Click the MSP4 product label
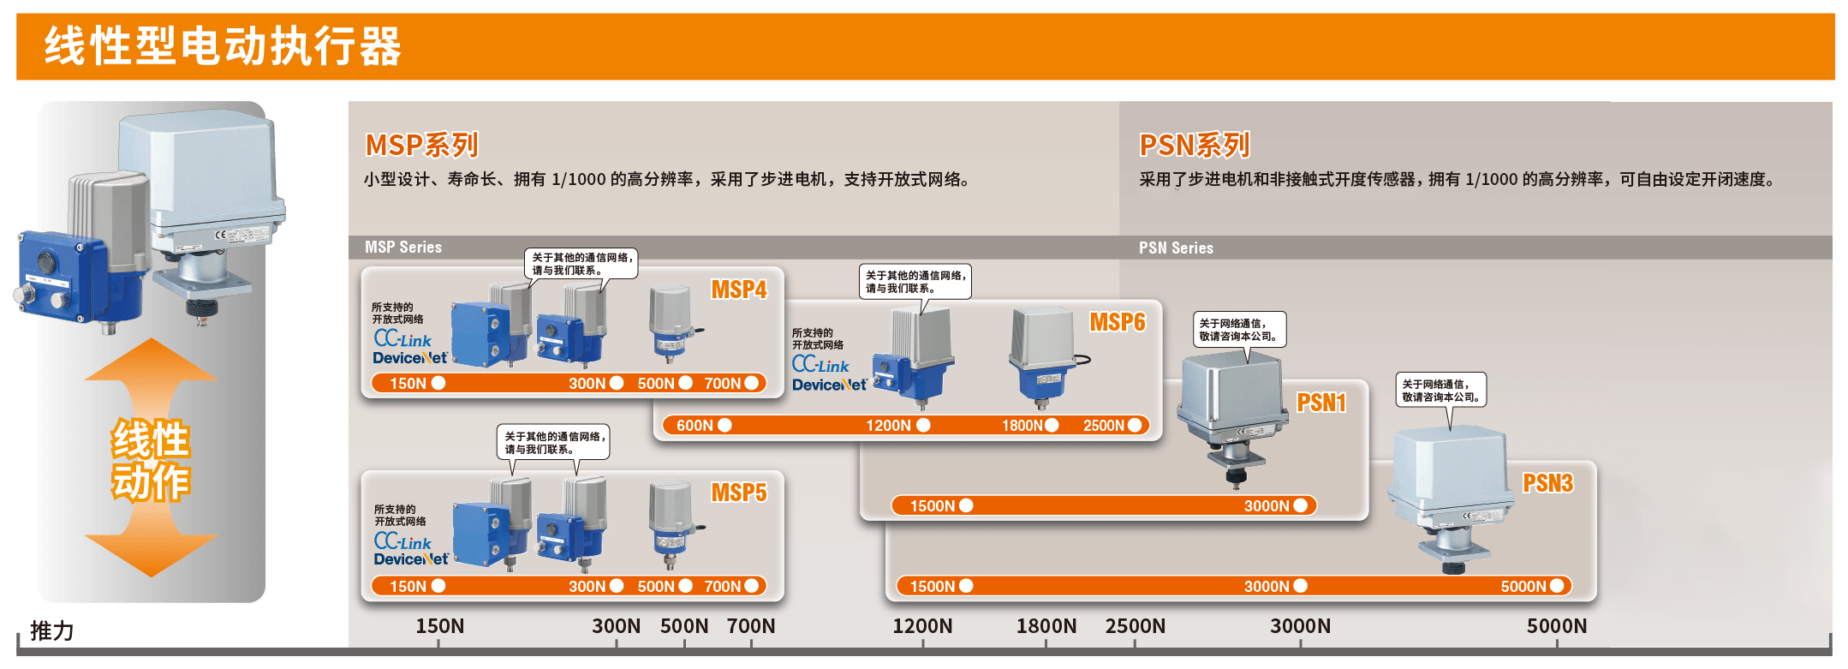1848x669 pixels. pos(738,290)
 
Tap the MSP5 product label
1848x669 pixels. pos(738,493)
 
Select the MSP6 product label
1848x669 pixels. pos(1117,322)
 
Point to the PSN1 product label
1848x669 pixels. pos(1320,403)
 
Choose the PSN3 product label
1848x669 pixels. pos(1547,483)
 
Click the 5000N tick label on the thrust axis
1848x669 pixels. pos(1556,626)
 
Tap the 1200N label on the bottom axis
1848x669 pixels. pos(921,626)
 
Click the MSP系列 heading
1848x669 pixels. pos(421,145)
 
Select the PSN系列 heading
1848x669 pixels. pos(1194,145)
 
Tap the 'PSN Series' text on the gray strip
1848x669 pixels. pos(1175,248)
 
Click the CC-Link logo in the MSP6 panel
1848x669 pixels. pos(820,364)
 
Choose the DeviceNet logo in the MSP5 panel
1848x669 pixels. pos(410,559)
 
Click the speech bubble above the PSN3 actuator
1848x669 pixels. pos(1441,390)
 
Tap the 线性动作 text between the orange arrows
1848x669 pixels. pos(151,460)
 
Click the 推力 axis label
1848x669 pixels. pos(51,631)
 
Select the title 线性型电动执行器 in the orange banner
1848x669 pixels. pos(223,46)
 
